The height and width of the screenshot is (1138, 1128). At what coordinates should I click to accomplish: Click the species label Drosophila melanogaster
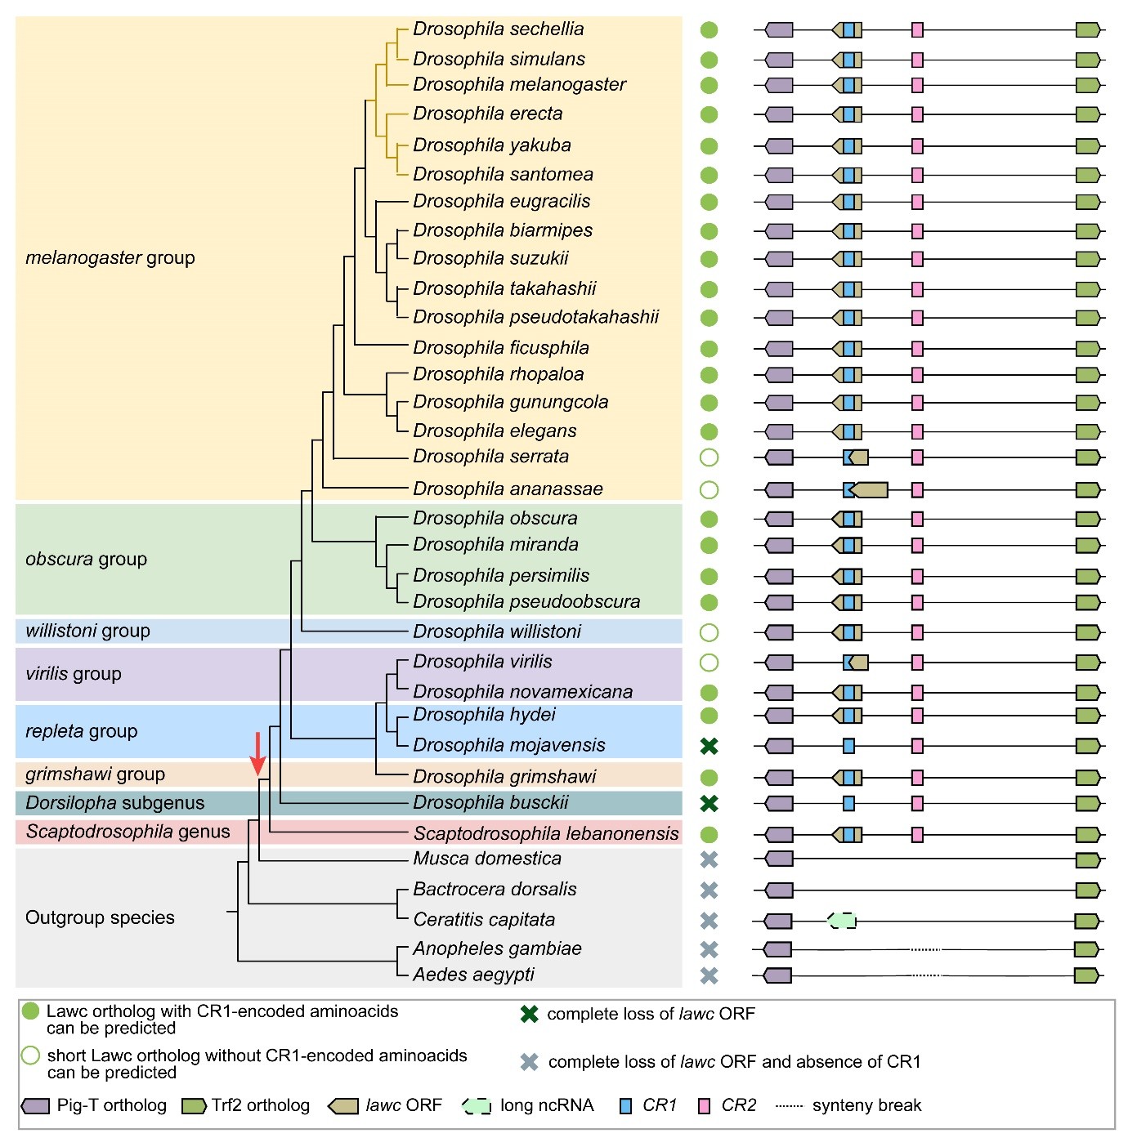click(519, 85)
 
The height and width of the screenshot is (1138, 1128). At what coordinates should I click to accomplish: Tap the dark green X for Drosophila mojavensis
click(709, 746)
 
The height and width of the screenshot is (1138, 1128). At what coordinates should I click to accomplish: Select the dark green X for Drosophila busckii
click(709, 803)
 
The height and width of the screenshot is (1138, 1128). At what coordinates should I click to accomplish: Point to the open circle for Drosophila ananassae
click(709, 490)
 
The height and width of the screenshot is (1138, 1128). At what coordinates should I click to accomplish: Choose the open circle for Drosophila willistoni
click(709, 632)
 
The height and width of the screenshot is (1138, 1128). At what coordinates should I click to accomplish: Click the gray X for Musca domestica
click(709, 859)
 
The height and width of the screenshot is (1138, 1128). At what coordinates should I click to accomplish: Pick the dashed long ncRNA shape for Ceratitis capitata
click(843, 921)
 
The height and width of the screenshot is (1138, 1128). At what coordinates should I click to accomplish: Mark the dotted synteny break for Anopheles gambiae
click(926, 949)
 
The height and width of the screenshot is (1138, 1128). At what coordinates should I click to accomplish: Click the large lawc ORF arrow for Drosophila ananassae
click(871, 490)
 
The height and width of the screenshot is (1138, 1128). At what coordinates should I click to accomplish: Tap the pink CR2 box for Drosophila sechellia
click(917, 30)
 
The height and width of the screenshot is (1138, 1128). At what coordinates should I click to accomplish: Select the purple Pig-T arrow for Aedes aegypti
click(777, 975)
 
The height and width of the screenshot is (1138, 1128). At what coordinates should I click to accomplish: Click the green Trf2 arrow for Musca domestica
click(1088, 859)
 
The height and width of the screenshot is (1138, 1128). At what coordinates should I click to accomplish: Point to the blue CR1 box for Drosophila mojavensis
click(848, 746)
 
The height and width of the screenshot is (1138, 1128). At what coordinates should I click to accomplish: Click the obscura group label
click(86, 560)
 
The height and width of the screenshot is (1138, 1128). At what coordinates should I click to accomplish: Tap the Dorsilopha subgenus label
click(114, 803)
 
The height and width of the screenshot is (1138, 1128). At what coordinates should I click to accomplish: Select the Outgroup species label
click(100, 918)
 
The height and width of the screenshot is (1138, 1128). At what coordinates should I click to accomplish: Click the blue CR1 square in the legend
click(626, 1106)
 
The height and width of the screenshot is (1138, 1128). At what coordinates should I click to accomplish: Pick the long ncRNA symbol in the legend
click(477, 1106)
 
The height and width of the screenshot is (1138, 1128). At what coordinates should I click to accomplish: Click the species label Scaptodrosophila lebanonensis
click(545, 834)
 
